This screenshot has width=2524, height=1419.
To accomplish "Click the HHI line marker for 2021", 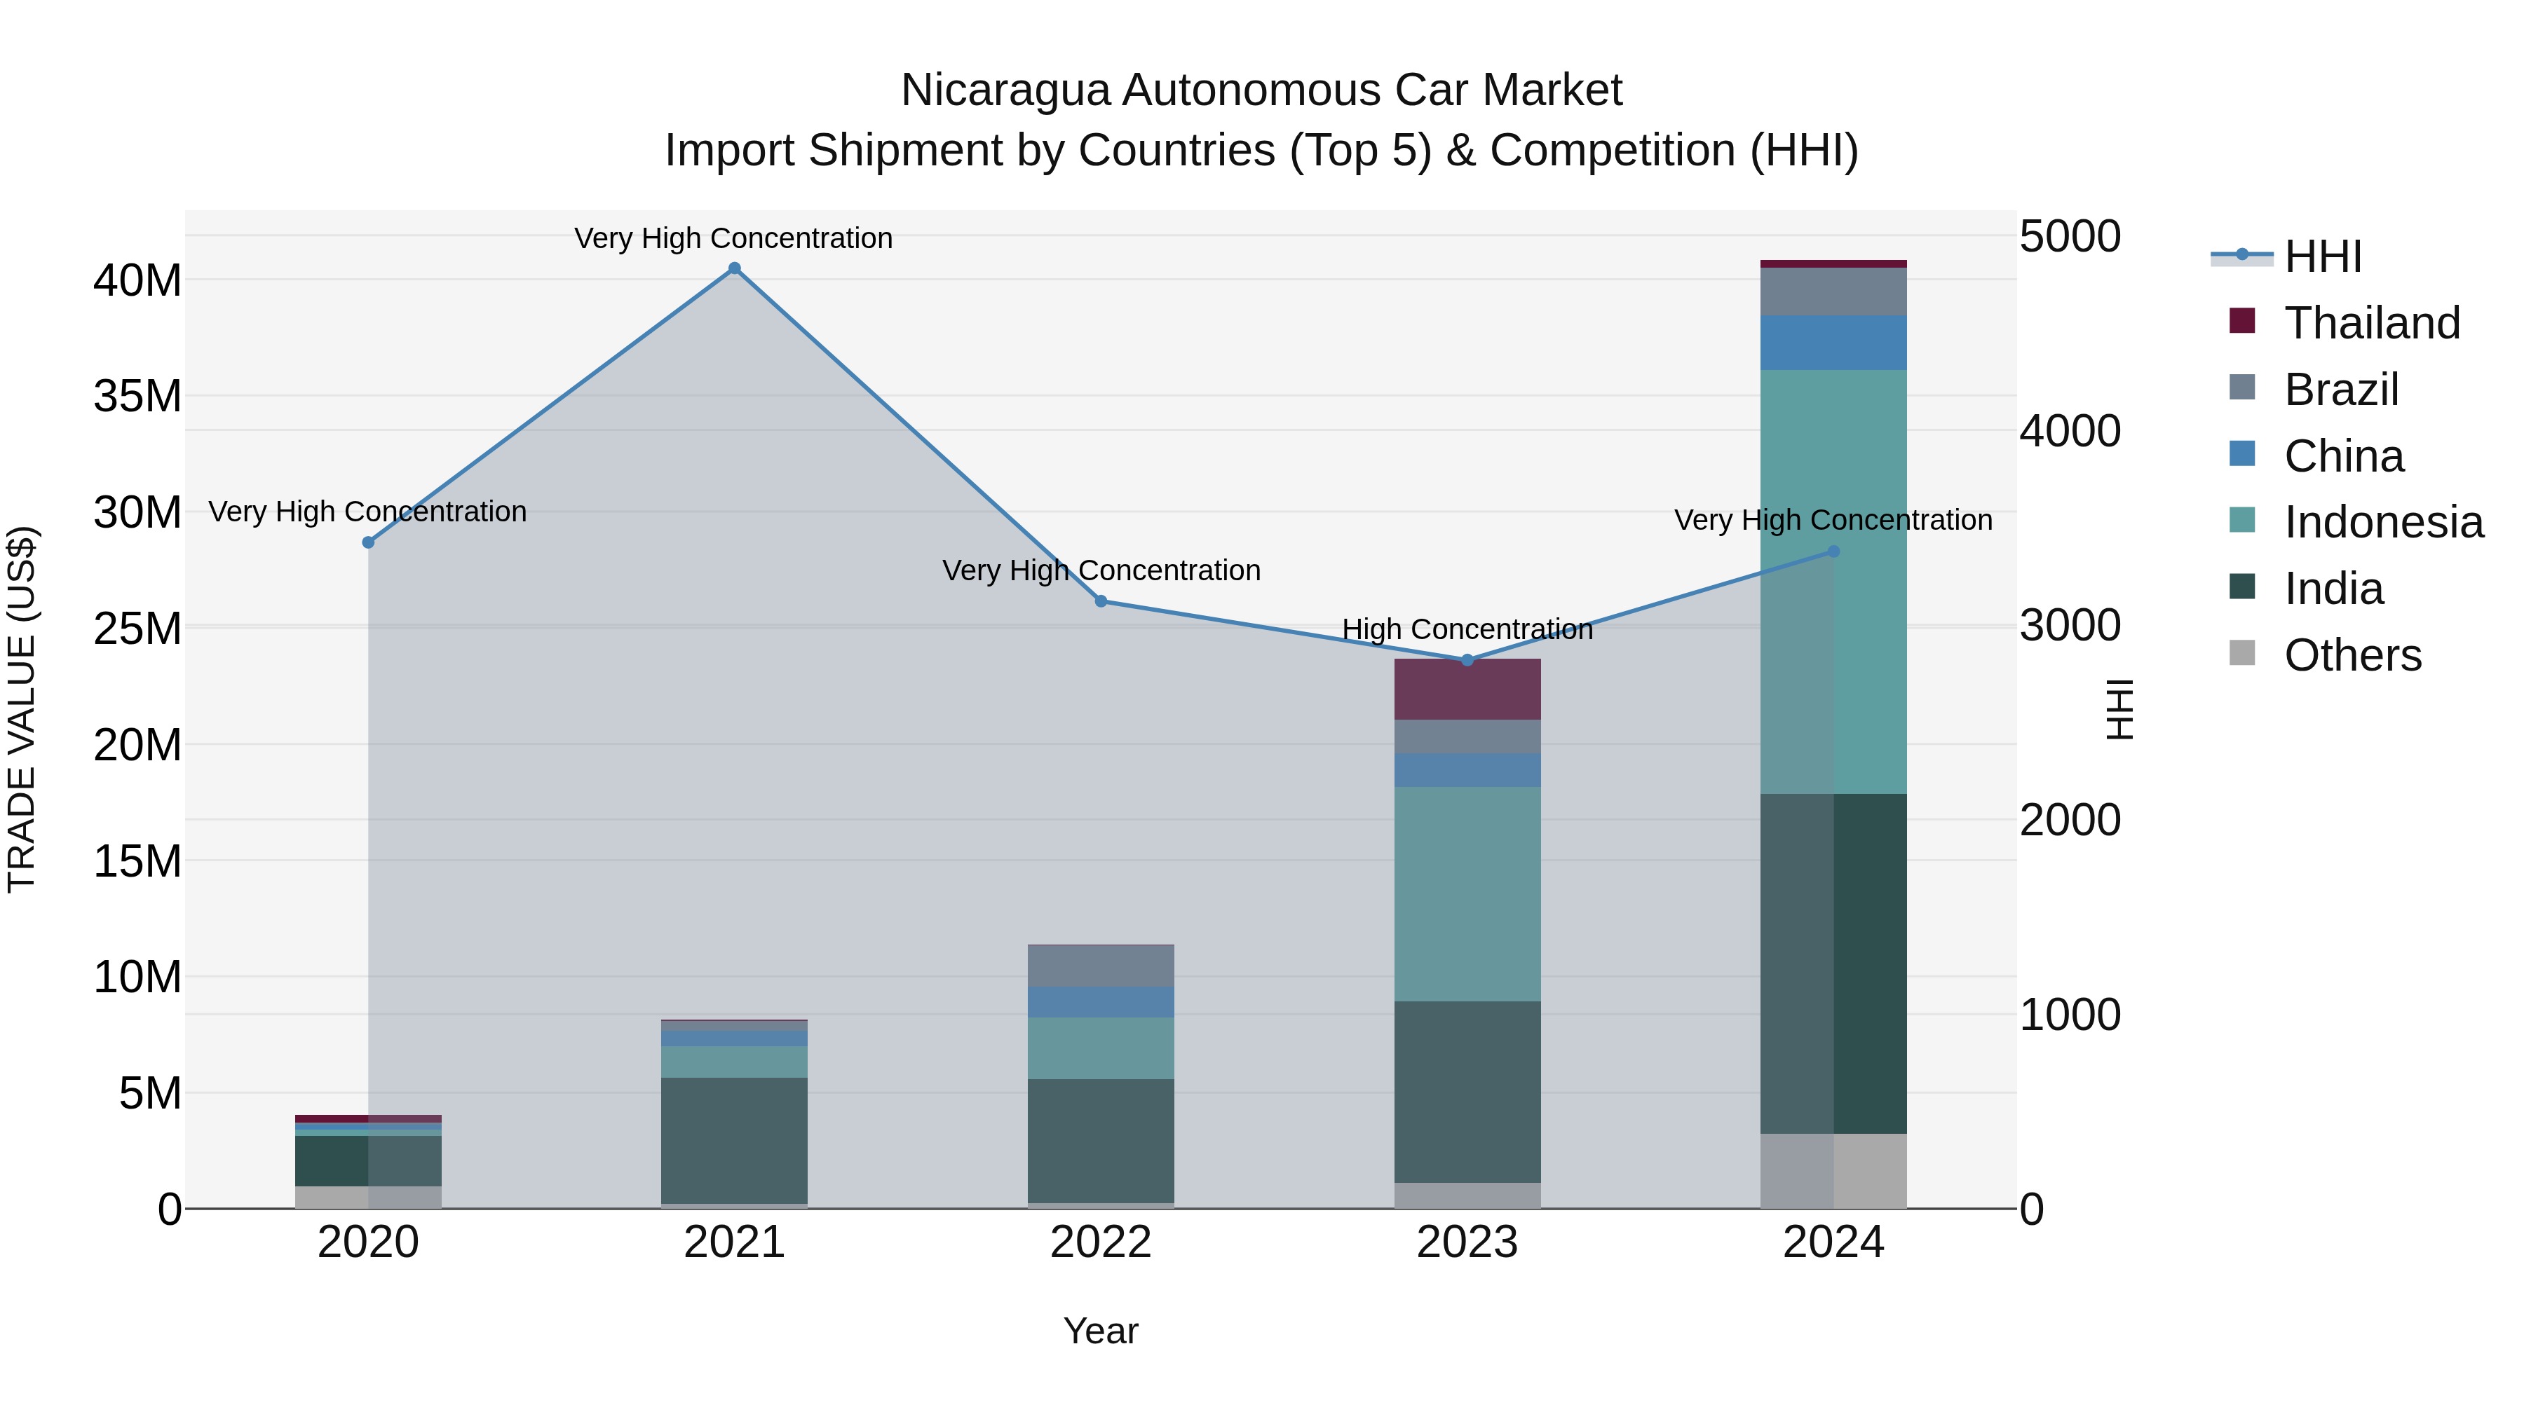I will point(734,268).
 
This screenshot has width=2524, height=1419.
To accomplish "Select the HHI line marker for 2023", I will point(1467,660).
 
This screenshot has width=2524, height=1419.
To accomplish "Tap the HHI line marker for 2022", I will point(1100,601).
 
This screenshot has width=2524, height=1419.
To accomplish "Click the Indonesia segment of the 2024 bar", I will point(1833,582).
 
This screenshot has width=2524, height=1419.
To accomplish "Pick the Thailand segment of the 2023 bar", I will point(1467,690).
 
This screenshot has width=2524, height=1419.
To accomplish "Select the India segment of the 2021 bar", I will point(734,1140).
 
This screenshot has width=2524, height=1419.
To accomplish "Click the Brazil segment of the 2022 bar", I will point(1100,966).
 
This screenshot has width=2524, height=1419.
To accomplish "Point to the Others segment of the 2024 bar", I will point(1833,1170).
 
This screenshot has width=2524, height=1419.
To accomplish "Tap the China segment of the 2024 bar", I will point(1833,343).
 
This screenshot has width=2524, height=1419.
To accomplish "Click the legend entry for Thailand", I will point(2371,323).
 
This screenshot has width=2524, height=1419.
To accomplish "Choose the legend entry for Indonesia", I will point(2383,522).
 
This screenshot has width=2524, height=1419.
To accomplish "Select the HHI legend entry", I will point(2322,256).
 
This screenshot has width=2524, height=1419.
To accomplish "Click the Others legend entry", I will point(2352,655).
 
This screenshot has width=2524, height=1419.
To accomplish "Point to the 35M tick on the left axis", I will point(137,397).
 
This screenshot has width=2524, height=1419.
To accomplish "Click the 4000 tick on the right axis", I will point(2070,431).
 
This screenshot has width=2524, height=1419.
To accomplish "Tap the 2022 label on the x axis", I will point(1100,1242).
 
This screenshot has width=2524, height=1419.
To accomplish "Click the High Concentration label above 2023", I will point(1467,630).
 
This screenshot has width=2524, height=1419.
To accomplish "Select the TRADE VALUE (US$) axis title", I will point(22,709).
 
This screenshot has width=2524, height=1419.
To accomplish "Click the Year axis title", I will point(1100,1331).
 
